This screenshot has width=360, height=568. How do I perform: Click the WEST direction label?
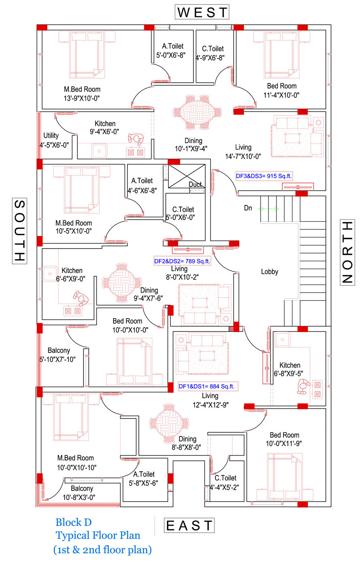[x=202, y=12]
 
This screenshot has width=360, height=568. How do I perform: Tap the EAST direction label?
[x=189, y=526]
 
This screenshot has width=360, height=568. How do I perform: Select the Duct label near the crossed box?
[x=195, y=185]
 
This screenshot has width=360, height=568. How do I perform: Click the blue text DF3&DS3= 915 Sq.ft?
[x=263, y=176]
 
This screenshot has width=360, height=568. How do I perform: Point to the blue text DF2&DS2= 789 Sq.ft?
[x=182, y=261]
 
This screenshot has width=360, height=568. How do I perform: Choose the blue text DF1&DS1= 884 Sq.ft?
[x=206, y=386]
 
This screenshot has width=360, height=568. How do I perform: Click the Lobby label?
[x=270, y=271]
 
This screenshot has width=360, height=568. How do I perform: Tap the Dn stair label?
[x=248, y=208]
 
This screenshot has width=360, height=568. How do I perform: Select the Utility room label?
[x=51, y=135]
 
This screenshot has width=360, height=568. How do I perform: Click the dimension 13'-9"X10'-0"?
[x=82, y=98]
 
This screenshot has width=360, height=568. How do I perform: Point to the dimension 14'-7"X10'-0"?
[x=243, y=156]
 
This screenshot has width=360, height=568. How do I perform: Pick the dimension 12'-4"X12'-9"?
[x=211, y=405]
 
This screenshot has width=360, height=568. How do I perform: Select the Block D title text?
[x=73, y=522]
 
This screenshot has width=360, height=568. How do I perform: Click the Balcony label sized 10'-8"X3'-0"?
[x=82, y=488]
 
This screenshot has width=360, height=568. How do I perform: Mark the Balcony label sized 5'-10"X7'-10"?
[x=59, y=350]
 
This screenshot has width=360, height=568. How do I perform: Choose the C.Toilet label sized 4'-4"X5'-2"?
[x=225, y=478]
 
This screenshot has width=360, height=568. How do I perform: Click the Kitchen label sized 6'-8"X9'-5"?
[x=290, y=365]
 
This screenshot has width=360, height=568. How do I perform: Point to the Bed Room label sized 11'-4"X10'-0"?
[x=282, y=86]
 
